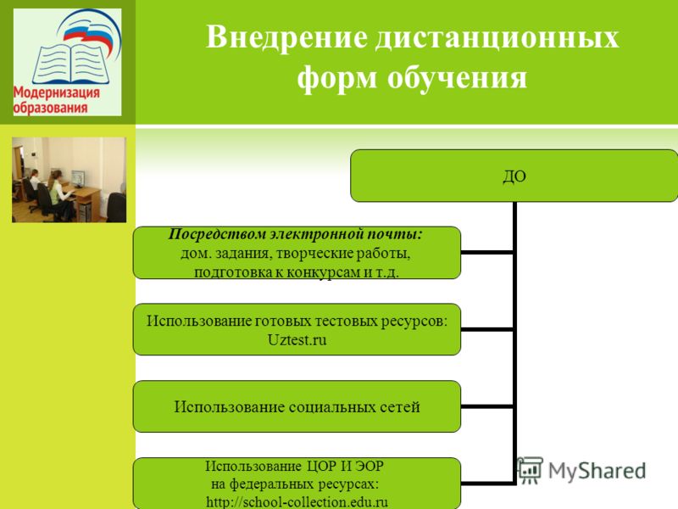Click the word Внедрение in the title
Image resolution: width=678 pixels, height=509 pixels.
click(286, 37)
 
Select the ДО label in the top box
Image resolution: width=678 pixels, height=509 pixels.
click(514, 176)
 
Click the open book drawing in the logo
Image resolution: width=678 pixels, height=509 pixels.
click(69, 63)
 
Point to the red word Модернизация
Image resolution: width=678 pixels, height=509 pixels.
click(56, 92)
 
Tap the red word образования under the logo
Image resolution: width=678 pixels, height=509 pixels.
click(50, 108)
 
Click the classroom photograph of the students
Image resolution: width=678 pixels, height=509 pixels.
click(69, 180)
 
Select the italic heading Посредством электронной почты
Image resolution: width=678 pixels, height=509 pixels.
click(295, 234)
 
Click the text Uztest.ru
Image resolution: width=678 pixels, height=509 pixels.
click(297, 340)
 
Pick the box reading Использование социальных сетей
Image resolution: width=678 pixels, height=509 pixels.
click(297, 406)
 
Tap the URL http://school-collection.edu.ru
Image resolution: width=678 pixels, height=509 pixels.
click(297, 502)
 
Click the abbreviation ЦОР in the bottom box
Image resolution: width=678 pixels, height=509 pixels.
click(321, 466)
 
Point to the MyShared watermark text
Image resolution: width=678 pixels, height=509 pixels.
click(597, 471)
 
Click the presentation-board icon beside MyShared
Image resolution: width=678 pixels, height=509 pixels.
click(530, 471)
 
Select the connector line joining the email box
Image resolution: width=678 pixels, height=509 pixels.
click(486, 252)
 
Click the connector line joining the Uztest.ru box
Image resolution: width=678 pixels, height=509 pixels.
click(486, 329)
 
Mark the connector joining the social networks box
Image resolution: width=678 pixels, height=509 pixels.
click(486, 406)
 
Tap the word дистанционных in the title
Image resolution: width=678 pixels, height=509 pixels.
click(497, 37)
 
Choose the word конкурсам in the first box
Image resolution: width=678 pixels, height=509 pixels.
click(324, 272)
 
